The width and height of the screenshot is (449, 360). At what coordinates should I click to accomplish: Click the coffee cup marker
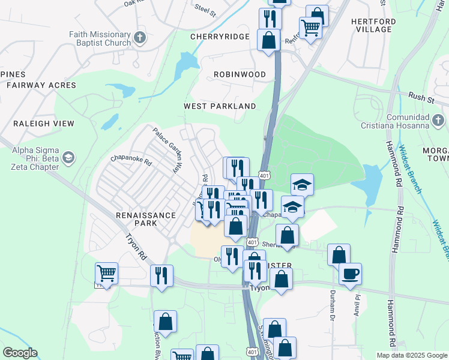[350, 274]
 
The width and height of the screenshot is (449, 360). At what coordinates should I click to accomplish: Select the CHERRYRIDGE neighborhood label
[219, 37]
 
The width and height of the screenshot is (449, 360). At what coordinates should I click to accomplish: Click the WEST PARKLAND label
[220, 106]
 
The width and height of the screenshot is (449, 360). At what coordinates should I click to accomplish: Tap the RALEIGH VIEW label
[44, 124]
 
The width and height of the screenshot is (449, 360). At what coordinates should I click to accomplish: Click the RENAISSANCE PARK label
[146, 219]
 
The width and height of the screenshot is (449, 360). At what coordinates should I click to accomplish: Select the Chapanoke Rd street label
[131, 160]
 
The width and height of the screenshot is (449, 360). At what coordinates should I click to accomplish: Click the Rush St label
[421, 96]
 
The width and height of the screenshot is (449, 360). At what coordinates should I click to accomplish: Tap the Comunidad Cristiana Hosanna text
[404, 121]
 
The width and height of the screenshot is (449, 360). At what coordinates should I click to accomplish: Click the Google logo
[20, 353]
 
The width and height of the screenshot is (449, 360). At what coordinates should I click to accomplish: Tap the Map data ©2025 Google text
[412, 355]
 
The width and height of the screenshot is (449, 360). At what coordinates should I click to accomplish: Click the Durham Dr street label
[331, 304]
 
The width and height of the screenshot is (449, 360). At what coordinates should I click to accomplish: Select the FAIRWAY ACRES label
[41, 85]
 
